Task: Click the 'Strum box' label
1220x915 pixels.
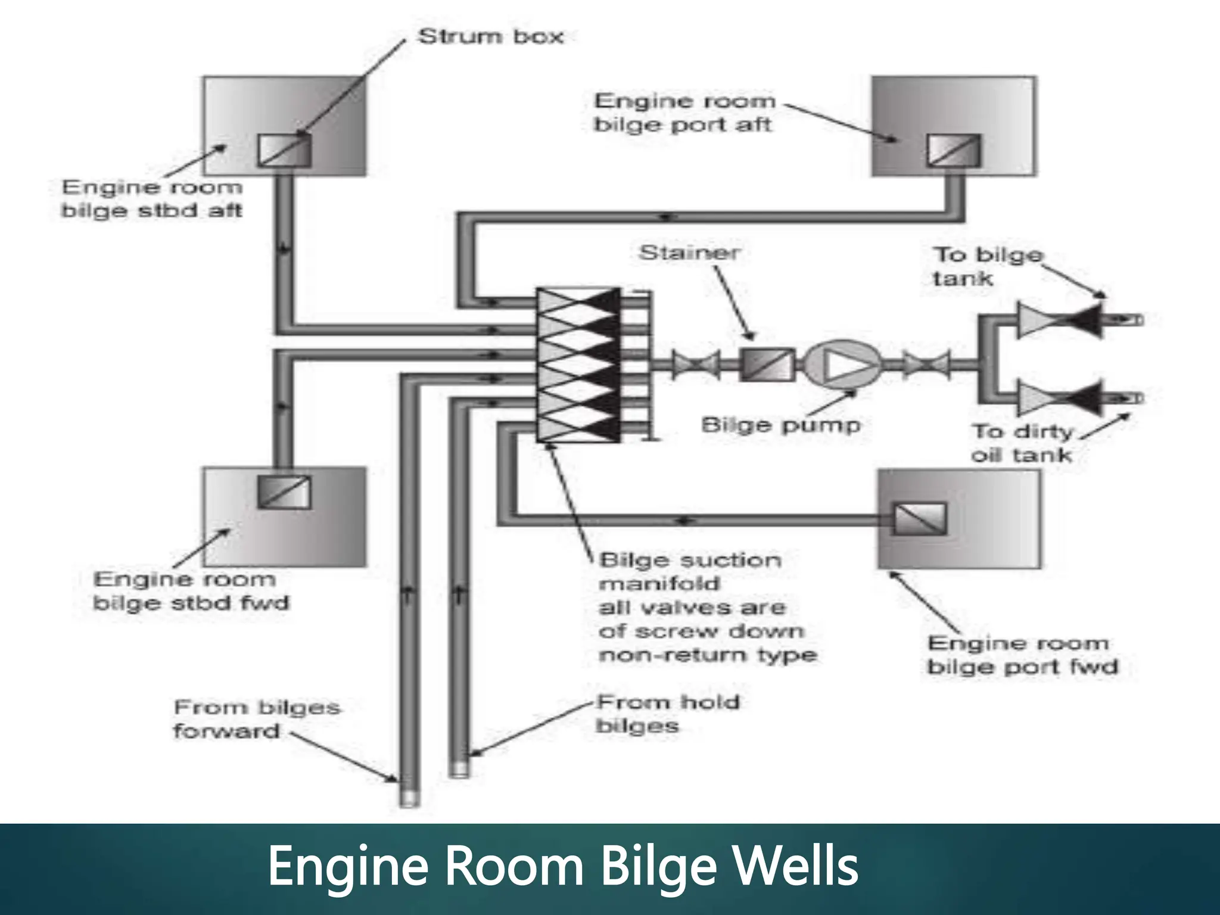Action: point(490,37)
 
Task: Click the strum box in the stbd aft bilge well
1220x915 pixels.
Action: point(284,150)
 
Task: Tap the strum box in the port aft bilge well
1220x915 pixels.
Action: point(953,150)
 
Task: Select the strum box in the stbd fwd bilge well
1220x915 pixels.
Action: point(284,491)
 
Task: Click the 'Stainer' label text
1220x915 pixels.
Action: point(689,253)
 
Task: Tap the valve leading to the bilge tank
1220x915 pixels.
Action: point(1059,320)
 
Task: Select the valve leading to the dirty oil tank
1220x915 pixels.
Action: point(1059,398)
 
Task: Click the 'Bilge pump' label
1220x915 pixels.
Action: point(781,425)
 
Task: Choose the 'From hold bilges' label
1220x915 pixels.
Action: point(667,714)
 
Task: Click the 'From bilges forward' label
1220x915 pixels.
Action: point(256,719)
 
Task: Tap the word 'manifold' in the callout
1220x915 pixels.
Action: point(659,584)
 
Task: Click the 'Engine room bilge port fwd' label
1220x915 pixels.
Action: point(1022,655)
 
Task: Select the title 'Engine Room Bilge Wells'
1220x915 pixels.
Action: point(563,867)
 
